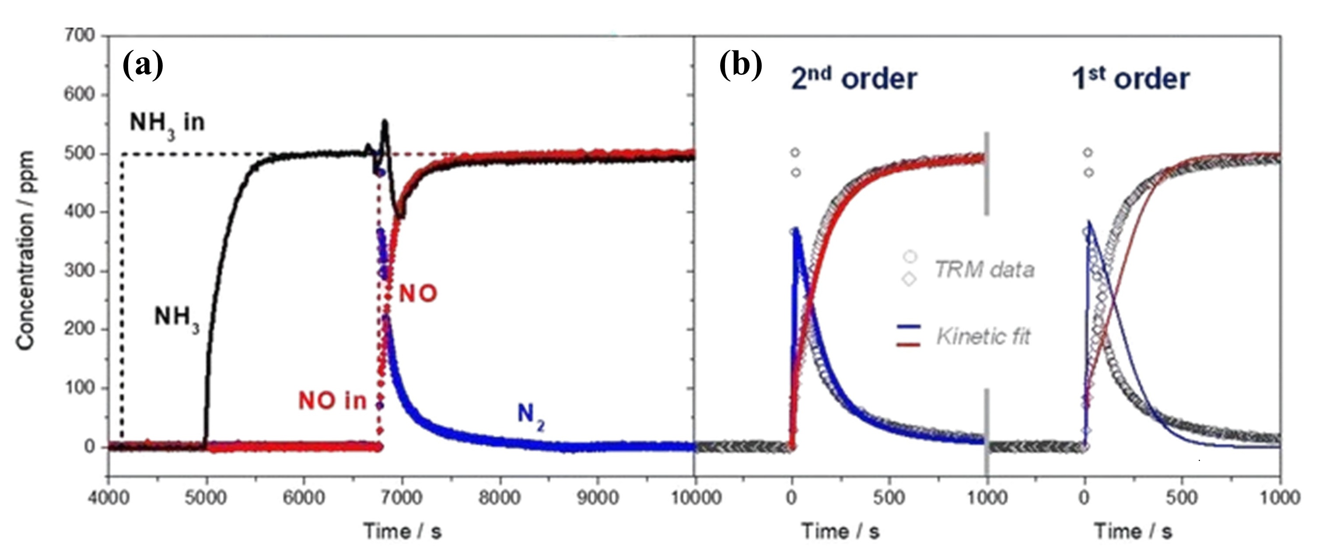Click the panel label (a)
click(x=143, y=66)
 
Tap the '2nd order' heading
click(x=854, y=78)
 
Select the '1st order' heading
click(x=1130, y=78)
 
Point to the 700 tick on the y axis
click(x=80, y=35)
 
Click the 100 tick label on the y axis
click(x=80, y=388)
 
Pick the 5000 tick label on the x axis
click(x=206, y=497)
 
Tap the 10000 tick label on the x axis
click(x=695, y=497)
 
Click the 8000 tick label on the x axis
click(x=499, y=497)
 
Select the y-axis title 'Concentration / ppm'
click(x=26, y=250)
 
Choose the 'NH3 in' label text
click(x=167, y=124)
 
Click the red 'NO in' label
click(x=332, y=401)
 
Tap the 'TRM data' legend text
click(x=983, y=270)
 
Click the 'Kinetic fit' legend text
click(x=983, y=337)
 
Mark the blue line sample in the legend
click(x=908, y=326)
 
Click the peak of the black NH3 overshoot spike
click(x=385, y=122)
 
